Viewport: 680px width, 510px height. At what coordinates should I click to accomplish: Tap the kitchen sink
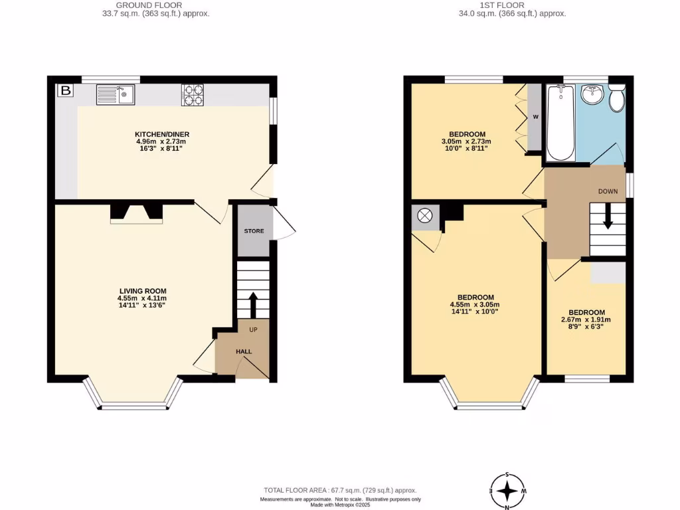[116, 95]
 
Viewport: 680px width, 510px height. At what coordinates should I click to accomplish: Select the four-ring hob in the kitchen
[193, 95]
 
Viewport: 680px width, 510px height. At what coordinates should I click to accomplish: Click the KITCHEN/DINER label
[162, 134]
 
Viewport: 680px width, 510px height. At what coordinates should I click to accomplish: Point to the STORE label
[254, 231]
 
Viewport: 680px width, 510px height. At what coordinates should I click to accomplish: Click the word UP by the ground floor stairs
[253, 329]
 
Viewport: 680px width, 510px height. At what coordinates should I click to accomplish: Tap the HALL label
[244, 351]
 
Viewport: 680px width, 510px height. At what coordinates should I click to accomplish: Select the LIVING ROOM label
[143, 291]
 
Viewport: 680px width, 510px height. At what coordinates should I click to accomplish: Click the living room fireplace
[136, 213]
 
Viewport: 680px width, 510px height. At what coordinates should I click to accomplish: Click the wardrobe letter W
[535, 118]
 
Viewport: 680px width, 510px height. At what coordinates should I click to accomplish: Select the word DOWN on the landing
[608, 191]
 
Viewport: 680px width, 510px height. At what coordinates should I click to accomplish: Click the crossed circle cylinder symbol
[424, 216]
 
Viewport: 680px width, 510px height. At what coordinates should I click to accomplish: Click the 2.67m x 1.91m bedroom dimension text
[586, 320]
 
